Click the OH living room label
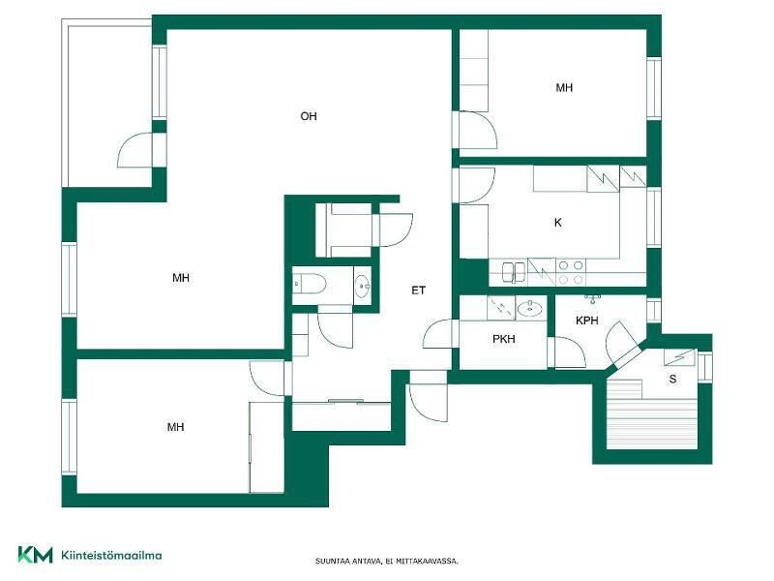(309, 116)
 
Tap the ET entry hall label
(418, 290)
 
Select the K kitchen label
(558, 223)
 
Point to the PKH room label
(503, 339)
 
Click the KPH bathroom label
(587, 321)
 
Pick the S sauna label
(672, 380)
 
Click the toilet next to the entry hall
(310, 284)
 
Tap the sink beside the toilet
(362, 287)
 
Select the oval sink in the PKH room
(529, 309)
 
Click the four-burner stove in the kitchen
(571, 272)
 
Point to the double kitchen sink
(514, 272)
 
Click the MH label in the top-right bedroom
(564, 88)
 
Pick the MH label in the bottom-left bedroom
(176, 427)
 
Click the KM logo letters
(35, 554)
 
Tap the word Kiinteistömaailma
(111, 555)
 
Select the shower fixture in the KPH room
(591, 298)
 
